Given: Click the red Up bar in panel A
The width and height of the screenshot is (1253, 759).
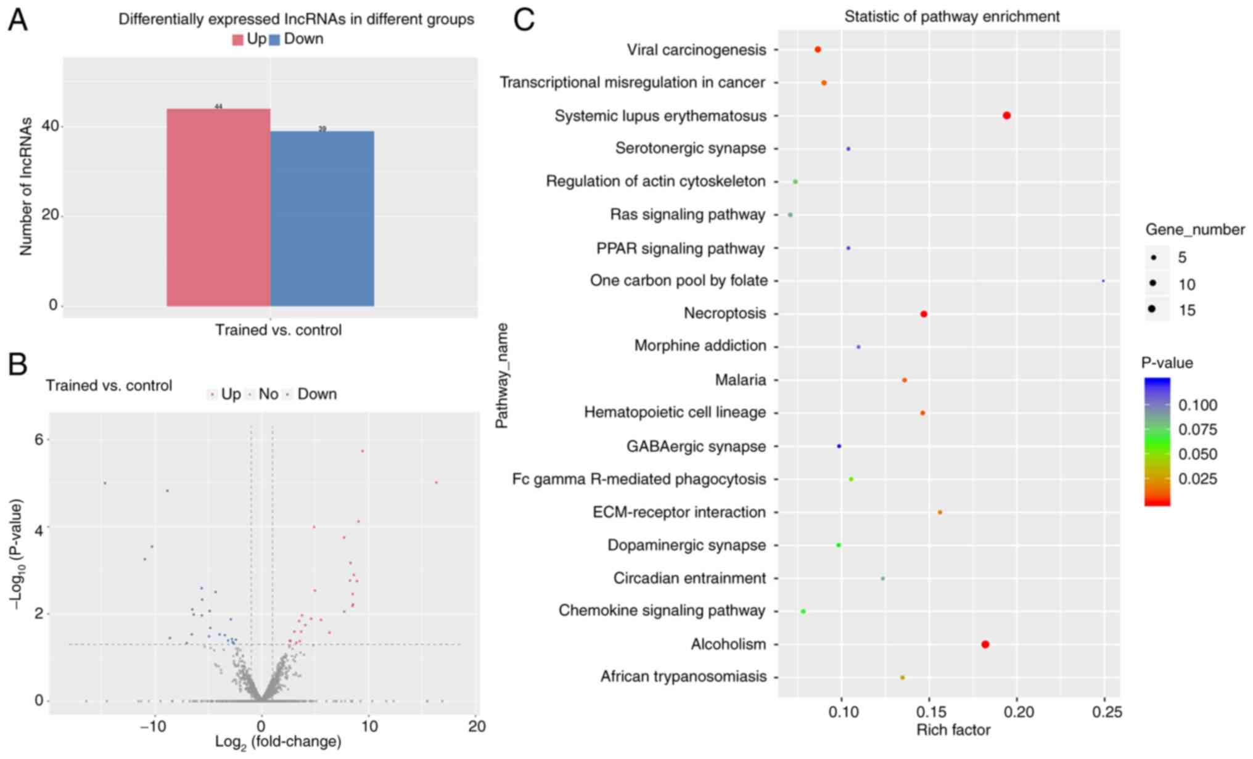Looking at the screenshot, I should click(218, 207).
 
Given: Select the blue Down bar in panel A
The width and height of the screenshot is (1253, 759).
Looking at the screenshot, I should click(322, 218).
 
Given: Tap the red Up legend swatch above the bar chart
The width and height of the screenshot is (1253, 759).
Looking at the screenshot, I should click(238, 40).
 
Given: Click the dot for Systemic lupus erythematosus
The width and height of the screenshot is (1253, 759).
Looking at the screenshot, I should click(1006, 115).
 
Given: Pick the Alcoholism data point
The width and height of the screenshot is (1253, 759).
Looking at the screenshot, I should click(985, 644).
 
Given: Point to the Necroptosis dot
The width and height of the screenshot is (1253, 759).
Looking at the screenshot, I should click(924, 314).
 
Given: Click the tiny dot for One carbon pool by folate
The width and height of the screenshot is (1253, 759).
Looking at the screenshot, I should click(1103, 281).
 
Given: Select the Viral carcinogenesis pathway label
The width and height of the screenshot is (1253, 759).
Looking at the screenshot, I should click(696, 50).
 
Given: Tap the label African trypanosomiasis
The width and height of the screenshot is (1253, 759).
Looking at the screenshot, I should click(683, 677).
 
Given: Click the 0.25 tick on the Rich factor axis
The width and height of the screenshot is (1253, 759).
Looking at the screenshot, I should click(1107, 712).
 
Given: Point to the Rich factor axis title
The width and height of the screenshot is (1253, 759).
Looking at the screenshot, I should click(953, 731).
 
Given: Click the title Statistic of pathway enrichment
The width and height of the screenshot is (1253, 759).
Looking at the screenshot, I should click(951, 17).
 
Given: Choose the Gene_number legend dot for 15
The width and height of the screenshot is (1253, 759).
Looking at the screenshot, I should click(1152, 309).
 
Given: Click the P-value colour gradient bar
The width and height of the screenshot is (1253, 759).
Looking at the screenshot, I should click(1157, 441).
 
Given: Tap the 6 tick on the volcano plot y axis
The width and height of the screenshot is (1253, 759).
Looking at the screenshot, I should click(38, 440).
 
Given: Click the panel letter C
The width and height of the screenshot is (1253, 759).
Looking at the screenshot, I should click(524, 20).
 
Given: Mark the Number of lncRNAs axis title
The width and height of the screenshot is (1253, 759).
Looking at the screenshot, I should click(26, 187).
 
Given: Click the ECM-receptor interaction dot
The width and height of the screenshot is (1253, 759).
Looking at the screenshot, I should click(940, 512).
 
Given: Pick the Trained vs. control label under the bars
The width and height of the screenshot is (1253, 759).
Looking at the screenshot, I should click(278, 330).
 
